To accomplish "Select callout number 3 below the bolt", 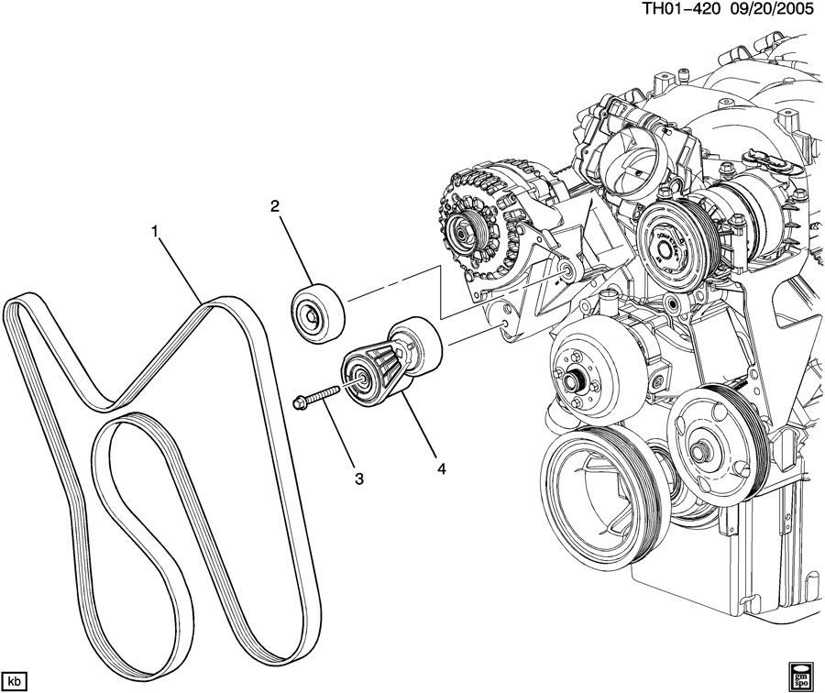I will [359, 478].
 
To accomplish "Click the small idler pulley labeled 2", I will [316, 313].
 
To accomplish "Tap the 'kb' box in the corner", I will [16, 679].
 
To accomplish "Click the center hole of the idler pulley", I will [313, 318].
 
